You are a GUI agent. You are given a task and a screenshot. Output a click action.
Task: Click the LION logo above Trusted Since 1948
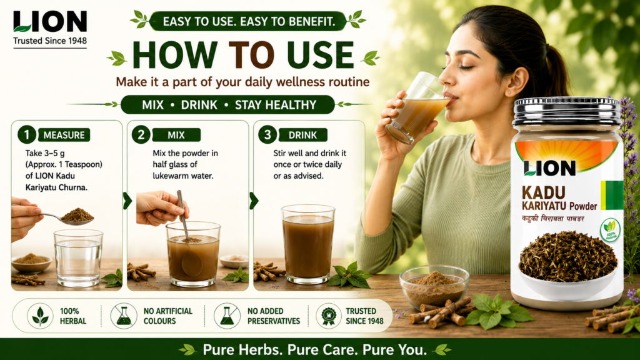[50, 21]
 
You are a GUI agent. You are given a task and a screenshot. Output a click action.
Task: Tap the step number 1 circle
[26, 135]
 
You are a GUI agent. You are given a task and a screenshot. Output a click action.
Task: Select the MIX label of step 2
[176, 135]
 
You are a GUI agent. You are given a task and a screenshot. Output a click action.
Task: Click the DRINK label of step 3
[302, 135]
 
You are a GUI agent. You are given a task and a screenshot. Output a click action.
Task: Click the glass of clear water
[78, 257]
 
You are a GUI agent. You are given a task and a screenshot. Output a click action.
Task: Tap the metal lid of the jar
[567, 111]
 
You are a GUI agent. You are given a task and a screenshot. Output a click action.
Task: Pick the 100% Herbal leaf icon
[40, 316]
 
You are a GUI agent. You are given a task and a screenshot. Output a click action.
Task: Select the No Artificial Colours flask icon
[124, 316]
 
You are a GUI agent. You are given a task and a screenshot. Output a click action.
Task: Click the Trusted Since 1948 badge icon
[329, 316]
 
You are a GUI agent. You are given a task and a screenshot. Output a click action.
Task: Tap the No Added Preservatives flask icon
[227, 316]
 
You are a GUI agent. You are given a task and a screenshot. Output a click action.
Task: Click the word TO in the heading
[251, 55]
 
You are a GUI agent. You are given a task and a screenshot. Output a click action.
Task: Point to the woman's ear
[514, 82]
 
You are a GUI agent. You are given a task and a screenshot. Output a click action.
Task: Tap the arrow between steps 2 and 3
[254, 201]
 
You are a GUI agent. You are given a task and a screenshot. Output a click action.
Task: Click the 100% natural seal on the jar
[610, 230]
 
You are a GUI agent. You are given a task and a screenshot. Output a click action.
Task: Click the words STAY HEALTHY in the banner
[276, 105]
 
